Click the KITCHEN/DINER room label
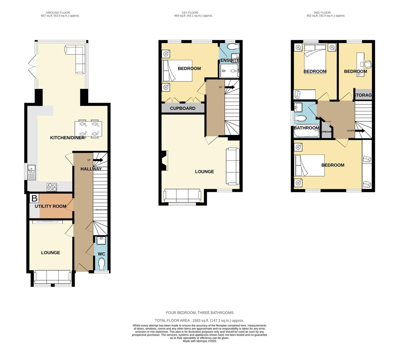pos(67,138)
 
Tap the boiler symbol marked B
pos(34,199)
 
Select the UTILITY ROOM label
pos(51,206)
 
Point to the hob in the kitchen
pos(52,187)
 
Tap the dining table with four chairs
pos(88,129)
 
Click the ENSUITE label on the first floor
pos(229,60)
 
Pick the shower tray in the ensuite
pos(229,71)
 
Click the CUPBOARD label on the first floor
pos(183,108)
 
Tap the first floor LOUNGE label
pos(204,172)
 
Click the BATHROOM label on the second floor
pos(306,128)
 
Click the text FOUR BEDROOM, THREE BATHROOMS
pos(199,313)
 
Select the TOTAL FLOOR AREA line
pos(199,320)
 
